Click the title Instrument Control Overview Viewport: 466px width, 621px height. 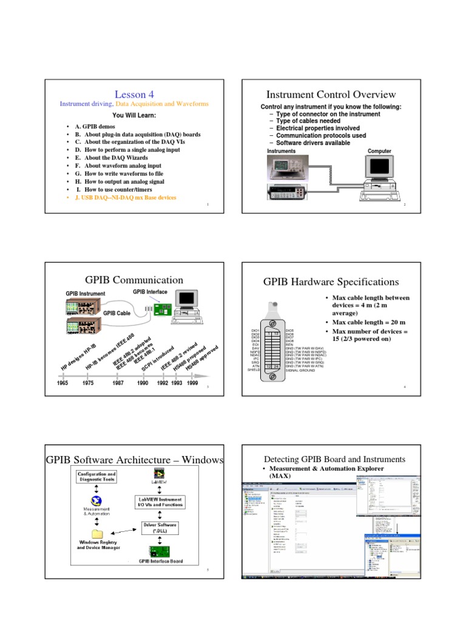(x=331, y=94)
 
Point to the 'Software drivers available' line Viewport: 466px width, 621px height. (x=312, y=143)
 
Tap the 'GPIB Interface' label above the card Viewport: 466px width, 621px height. (x=150, y=292)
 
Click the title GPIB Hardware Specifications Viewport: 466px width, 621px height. (x=331, y=282)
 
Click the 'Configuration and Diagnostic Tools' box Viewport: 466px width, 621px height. (x=96, y=476)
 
